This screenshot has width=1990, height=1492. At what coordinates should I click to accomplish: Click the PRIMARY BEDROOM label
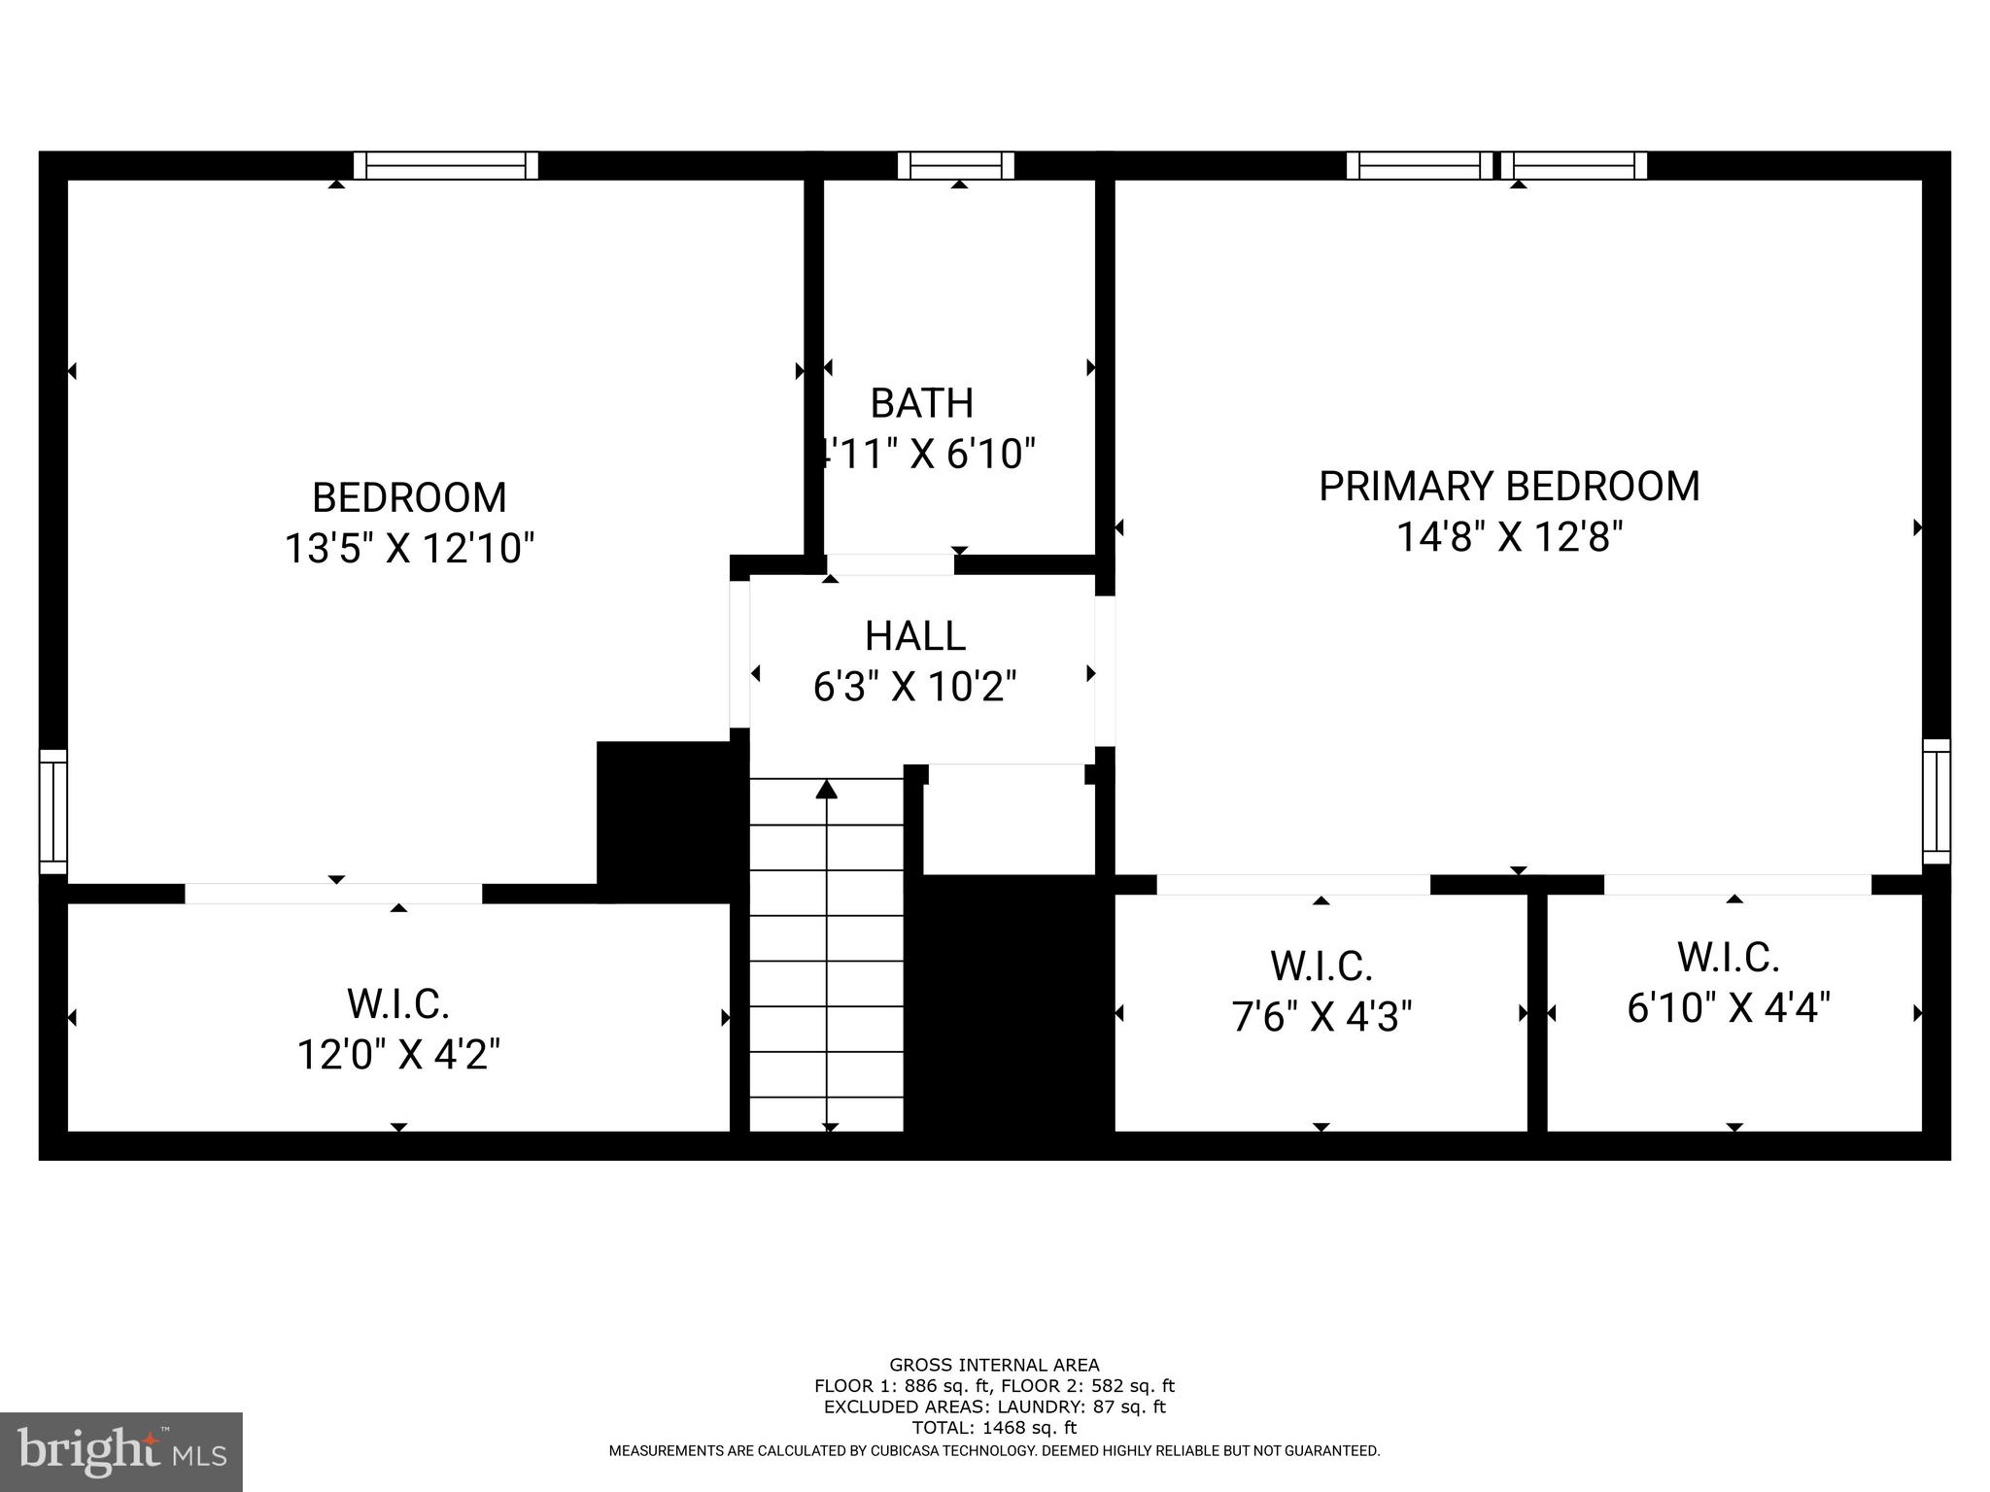1508,487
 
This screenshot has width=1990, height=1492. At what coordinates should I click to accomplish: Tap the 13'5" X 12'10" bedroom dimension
409,549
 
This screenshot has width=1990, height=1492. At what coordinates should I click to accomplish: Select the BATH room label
921,403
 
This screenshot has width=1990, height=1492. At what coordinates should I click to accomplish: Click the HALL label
914,636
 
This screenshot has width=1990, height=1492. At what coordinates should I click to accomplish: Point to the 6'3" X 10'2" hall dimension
914,688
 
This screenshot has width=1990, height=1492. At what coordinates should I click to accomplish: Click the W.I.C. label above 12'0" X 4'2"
398,1004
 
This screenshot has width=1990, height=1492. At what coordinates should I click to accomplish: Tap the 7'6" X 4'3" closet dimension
1321,1017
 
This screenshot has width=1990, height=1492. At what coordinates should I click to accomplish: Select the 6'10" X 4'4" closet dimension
1729,1007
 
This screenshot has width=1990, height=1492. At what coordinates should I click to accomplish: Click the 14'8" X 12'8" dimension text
1509,537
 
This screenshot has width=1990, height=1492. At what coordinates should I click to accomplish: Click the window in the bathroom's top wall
956,166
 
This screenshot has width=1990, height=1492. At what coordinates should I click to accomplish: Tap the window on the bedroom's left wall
53,812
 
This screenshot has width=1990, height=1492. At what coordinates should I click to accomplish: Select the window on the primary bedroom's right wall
1937,801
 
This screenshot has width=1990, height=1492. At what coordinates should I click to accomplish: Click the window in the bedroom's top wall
446,166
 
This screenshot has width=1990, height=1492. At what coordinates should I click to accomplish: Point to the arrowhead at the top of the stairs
827,789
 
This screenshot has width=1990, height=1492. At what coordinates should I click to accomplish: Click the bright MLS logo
121,1452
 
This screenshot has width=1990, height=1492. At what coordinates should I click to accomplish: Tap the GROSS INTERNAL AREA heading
994,1365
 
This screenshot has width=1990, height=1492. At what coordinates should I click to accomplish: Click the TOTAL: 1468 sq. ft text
994,1428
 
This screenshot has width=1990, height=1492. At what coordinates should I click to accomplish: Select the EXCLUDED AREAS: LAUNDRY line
994,1407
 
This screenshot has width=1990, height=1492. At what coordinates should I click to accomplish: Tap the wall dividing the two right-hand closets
1537,1010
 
